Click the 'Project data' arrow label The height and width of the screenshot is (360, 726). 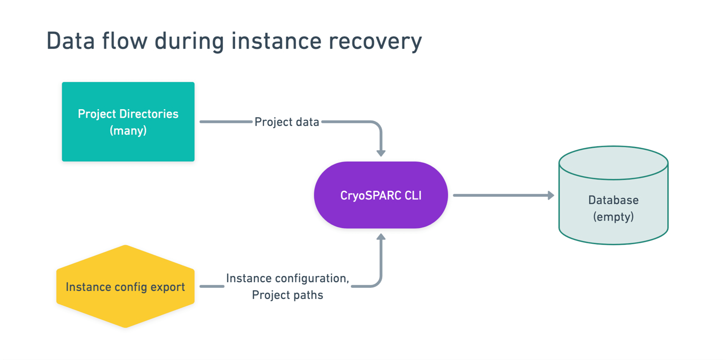point(287,122)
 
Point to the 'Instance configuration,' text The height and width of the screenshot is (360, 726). point(287,278)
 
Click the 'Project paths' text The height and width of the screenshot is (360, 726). point(287,295)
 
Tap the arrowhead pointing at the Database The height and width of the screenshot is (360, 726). point(550,195)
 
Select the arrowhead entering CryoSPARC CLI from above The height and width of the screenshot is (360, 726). point(380,153)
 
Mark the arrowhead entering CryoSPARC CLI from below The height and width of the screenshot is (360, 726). point(380,237)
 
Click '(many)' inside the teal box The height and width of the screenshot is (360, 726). point(128,130)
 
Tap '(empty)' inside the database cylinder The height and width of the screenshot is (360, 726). point(613,217)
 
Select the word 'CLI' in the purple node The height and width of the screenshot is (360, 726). point(410,195)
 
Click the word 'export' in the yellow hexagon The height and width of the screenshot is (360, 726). point(167,287)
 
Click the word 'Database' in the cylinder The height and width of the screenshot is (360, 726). point(613,200)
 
